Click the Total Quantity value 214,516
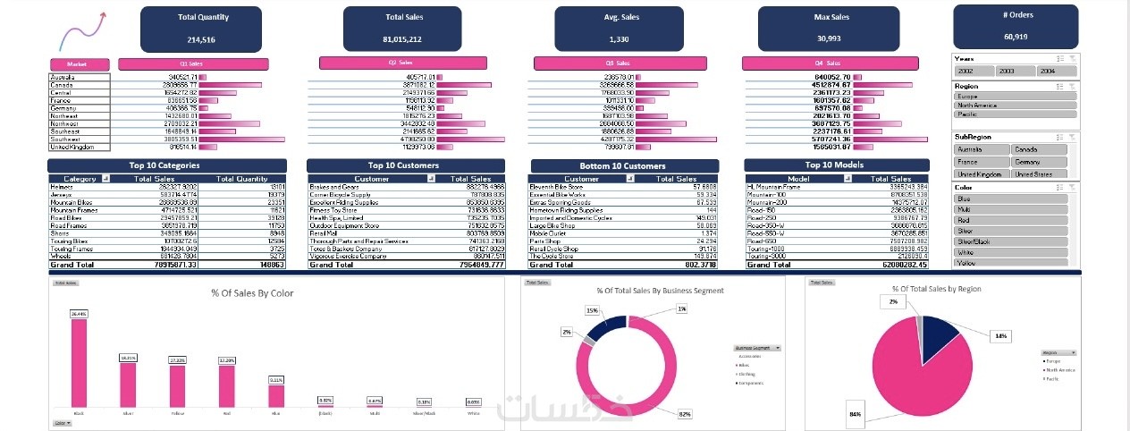pyautogui.click(x=201, y=39)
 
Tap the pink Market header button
pyautogui.click(x=79, y=64)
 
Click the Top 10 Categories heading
pyautogui.click(x=166, y=165)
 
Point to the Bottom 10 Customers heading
pyautogui.click(x=624, y=166)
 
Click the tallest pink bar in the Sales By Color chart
pyautogui.click(x=80, y=362)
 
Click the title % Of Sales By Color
pyautogui.click(x=253, y=292)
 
